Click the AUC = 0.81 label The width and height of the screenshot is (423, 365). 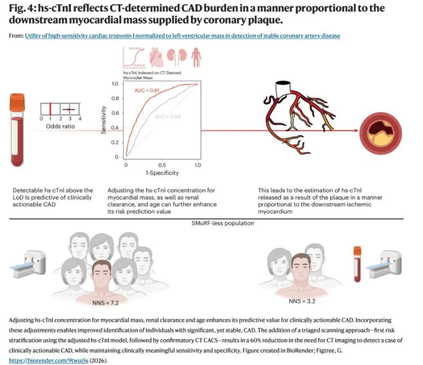tap(147, 90)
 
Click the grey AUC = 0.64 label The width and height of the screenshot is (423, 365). tap(168, 116)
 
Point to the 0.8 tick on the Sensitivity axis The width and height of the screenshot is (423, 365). tap(115, 98)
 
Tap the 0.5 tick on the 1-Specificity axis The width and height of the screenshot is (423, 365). tap(162, 165)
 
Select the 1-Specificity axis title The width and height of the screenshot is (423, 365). tap(162, 173)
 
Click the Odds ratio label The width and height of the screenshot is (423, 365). tap(60, 126)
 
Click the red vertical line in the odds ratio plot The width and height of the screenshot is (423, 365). tap(50, 109)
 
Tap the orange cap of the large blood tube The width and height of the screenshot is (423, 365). tap(17, 103)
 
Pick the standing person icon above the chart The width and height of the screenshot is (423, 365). tap(196, 57)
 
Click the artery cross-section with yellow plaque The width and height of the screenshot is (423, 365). tap(381, 133)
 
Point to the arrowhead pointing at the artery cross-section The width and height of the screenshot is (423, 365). tap(356, 131)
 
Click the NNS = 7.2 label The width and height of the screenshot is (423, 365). tap(105, 303)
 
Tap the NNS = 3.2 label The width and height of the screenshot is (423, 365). tap(302, 301)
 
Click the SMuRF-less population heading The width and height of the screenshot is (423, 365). tap(223, 223)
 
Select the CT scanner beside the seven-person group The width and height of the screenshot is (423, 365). tap(28, 264)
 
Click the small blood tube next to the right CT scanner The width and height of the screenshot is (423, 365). tap(357, 264)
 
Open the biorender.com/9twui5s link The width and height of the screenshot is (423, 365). tap(49, 360)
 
